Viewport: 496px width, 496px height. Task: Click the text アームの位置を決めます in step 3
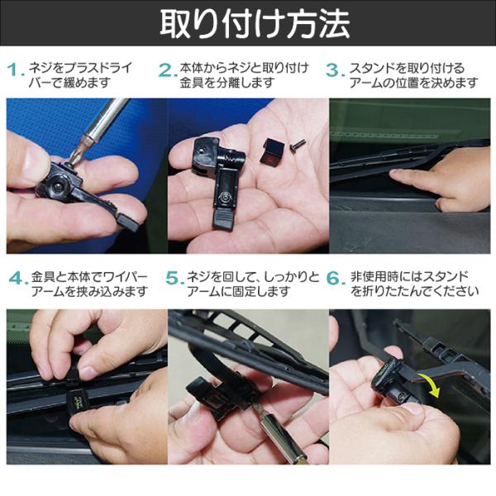414,83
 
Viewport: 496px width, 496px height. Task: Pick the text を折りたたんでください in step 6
414,291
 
